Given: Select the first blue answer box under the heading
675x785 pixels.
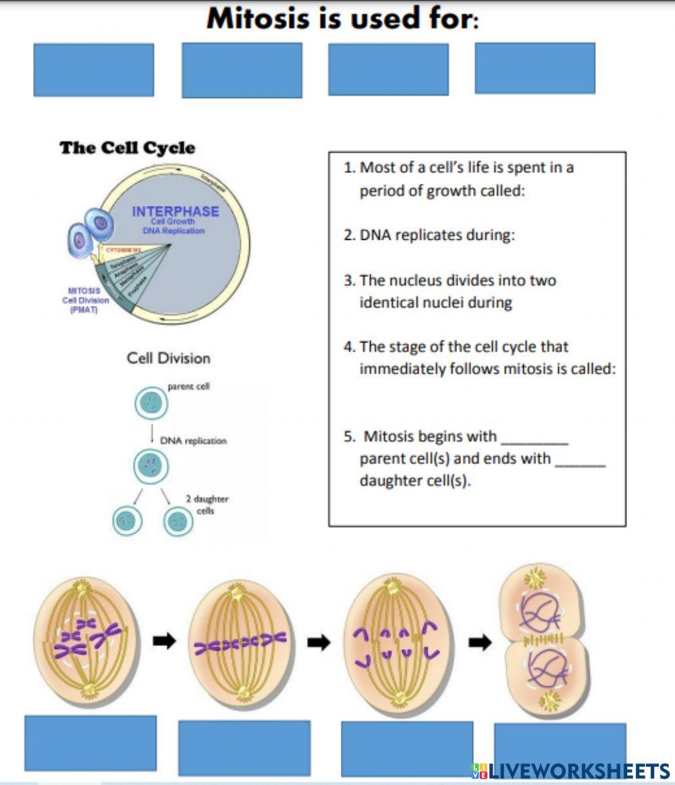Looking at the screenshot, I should click(93, 70).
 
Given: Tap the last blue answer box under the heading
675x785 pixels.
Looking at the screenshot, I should click(535, 68).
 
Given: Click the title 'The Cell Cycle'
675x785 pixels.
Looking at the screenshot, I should click(127, 148).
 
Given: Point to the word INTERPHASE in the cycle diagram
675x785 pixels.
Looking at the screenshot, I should click(175, 211).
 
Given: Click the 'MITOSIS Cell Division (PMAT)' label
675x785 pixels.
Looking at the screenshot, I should click(85, 301).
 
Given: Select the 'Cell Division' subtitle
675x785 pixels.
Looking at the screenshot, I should click(168, 358).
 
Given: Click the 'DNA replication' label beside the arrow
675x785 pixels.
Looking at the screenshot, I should click(193, 440).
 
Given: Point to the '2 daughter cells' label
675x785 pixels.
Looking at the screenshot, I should click(207, 505).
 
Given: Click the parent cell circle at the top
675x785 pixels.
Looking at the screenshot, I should click(151, 403).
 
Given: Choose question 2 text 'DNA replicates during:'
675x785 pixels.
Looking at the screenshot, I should click(437, 235).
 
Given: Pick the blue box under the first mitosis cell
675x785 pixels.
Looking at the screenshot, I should click(90, 743).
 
